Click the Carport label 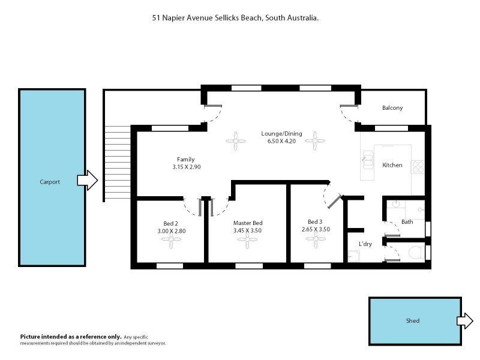pos(50,182)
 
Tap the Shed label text pos(413,321)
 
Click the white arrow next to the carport pos(88,180)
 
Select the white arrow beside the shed pos(465,320)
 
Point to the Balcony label pos(392,108)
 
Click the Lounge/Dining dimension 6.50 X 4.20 pos(281,142)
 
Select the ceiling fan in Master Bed pos(247,241)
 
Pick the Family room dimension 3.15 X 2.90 pos(186,167)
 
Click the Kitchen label pos(392,165)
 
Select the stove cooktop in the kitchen pos(418,167)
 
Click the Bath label pos(407,221)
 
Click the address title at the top pos(235,19)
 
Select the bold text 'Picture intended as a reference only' pos(71,337)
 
